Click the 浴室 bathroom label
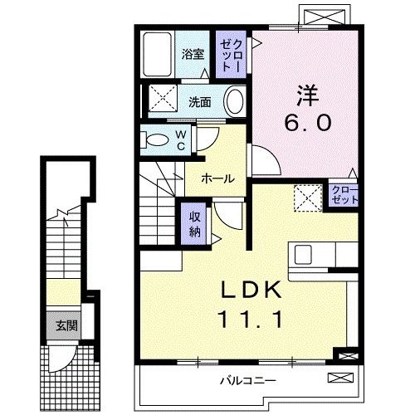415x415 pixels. tap(193, 56)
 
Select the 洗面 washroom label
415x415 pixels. tap(198, 103)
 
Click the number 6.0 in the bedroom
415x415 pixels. tap(309, 122)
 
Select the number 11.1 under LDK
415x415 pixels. tap(251, 319)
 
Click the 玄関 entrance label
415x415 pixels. tap(66, 325)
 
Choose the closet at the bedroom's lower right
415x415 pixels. tap(340, 198)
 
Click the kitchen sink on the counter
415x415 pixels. tap(302, 254)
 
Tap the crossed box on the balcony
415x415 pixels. tap(340, 378)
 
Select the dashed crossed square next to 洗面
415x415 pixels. tap(163, 100)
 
